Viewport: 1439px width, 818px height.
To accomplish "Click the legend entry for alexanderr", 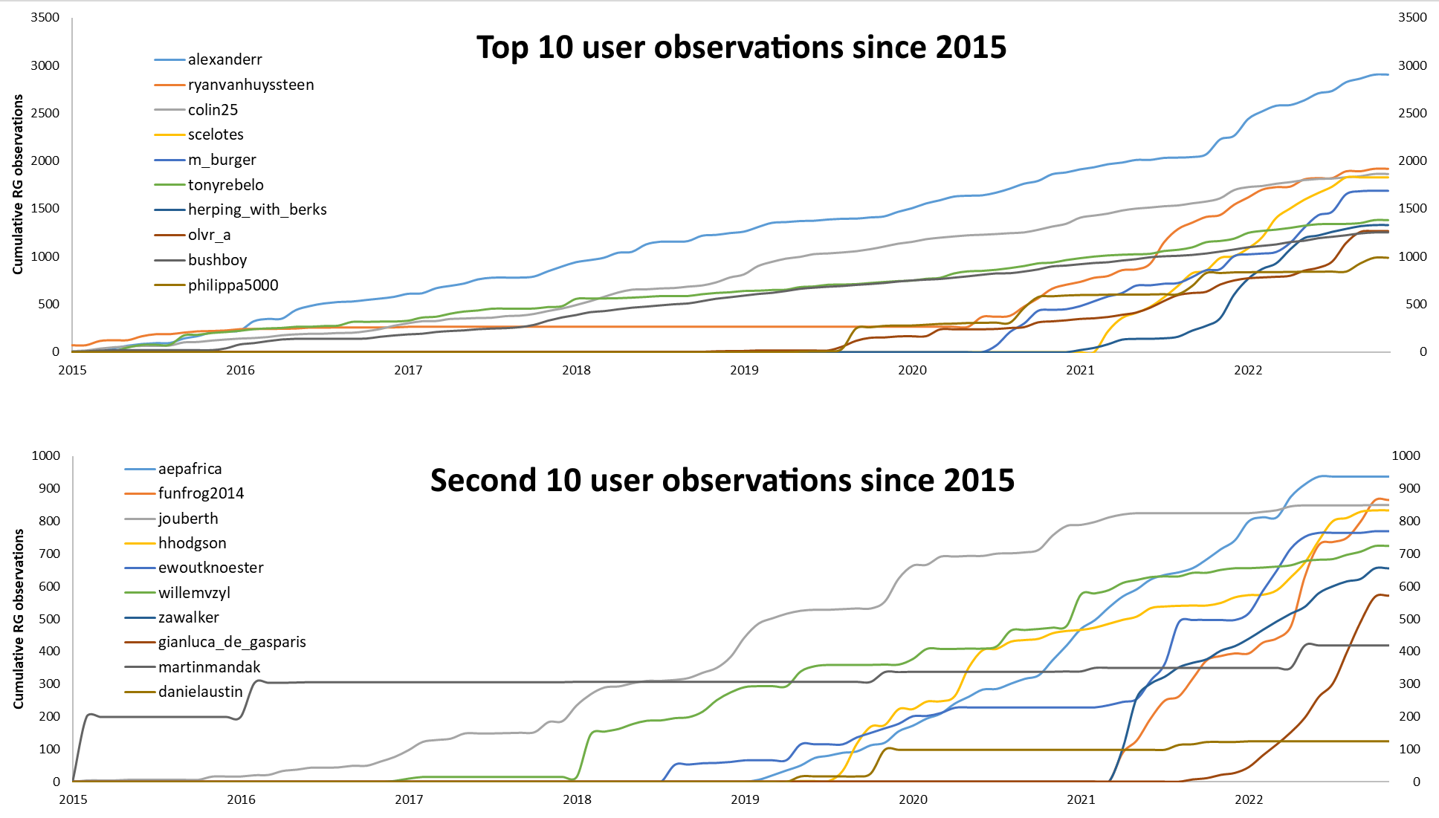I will (x=224, y=59).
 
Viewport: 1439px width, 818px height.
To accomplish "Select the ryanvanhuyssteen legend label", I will (x=250, y=85).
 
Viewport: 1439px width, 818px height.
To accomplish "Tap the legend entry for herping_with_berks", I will (x=256, y=210).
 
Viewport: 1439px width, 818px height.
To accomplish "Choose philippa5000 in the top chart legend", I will (x=233, y=285).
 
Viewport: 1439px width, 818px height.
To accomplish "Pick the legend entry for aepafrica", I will (x=190, y=469).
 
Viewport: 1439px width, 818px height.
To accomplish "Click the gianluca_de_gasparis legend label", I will (x=232, y=642).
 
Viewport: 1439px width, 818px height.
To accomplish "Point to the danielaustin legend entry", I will (x=200, y=692).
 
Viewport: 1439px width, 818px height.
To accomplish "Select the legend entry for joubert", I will (x=188, y=519).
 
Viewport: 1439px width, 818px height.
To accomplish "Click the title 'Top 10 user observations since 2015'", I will (x=741, y=48).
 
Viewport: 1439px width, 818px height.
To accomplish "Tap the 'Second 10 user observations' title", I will (x=722, y=481).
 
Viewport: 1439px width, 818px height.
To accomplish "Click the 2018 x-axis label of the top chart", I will (x=576, y=370).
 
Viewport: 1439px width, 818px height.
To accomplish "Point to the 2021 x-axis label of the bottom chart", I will (x=1081, y=799).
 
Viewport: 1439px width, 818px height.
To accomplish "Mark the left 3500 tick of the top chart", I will (x=45, y=18).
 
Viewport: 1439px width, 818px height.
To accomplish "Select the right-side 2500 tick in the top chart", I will (x=1412, y=113).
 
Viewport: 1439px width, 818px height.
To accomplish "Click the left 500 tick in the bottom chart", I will (x=45, y=619).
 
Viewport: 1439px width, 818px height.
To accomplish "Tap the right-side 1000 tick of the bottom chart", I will (x=1406, y=455).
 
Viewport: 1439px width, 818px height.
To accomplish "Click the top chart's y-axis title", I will (x=18, y=184).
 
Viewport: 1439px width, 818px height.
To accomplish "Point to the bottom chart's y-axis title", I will (x=18, y=618).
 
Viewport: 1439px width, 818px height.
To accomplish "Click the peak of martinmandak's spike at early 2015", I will (x=90, y=714).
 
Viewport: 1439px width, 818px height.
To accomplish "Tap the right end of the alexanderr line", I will (x=1387, y=74).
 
